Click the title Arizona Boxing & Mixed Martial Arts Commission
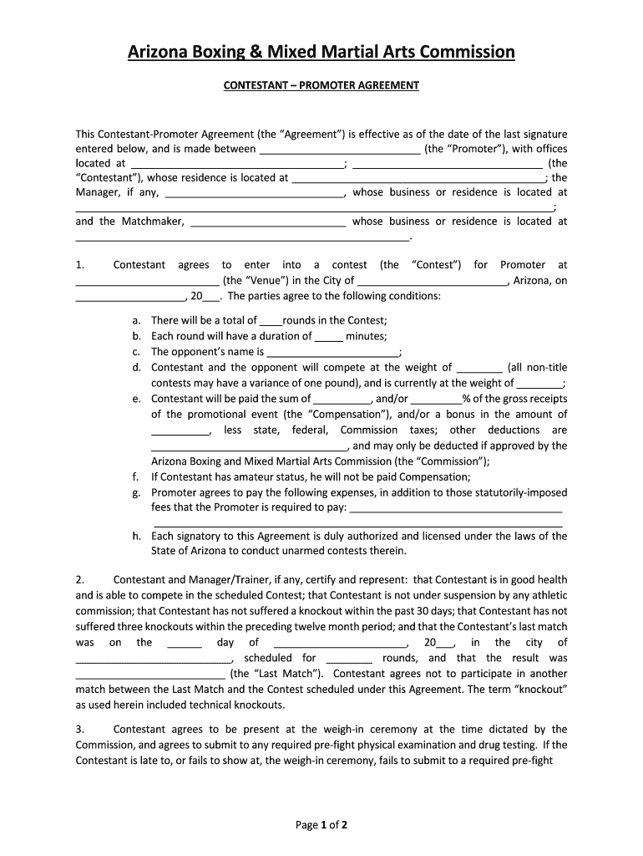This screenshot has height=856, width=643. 321,53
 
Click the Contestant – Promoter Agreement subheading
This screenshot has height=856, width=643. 321,85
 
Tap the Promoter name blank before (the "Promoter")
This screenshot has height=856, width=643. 340,150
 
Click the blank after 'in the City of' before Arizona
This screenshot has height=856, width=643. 432,282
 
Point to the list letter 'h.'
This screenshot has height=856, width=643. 136,536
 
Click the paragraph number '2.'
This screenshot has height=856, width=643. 80,579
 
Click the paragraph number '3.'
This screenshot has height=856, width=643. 80,729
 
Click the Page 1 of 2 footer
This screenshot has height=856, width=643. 321,825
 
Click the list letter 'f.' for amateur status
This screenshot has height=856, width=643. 135,476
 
